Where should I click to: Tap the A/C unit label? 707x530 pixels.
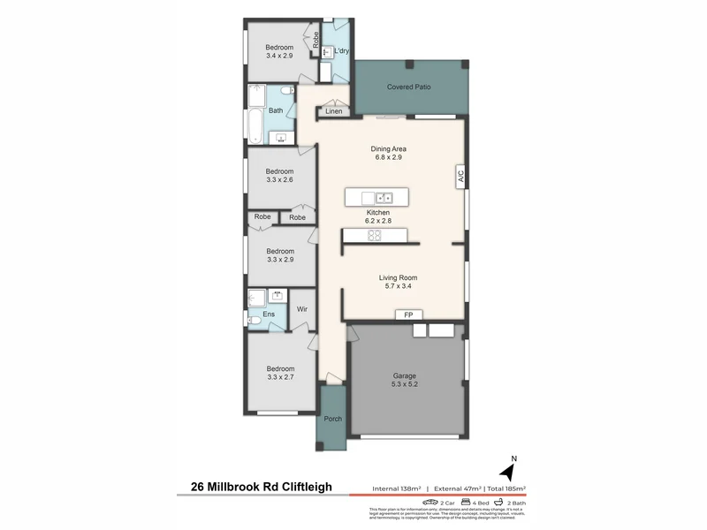[x=460, y=177]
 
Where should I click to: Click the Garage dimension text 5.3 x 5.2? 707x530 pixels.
[x=405, y=385]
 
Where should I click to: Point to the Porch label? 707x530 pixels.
[x=332, y=419]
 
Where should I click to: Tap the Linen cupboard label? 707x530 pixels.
[x=333, y=111]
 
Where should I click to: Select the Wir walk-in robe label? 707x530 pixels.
[x=301, y=309]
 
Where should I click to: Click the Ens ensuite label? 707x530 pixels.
[x=256, y=314]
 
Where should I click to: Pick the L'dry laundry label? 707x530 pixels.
[x=341, y=51]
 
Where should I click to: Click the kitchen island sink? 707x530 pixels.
[x=384, y=197]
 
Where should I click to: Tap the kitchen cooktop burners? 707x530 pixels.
[x=374, y=235]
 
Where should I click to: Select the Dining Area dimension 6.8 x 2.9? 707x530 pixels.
[x=388, y=159]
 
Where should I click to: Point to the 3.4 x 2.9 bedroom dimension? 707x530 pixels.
[x=279, y=56]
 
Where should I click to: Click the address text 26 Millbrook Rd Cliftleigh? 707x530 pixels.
[x=262, y=486]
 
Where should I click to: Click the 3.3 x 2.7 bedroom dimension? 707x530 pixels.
[x=279, y=377]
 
